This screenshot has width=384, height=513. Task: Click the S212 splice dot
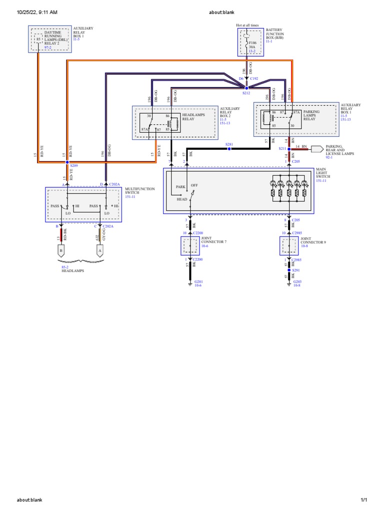pyautogui.click(x=246, y=87)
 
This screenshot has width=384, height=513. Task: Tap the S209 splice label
pyautogui.click(x=74, y=165)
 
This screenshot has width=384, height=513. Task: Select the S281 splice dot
pyautogui.click(x=229, y=149)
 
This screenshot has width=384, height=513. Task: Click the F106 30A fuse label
pyautogui.click(x=253, y=46)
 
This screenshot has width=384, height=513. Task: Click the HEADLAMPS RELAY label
pyautogui.click(x=192, y=117)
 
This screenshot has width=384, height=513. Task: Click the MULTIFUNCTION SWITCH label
pyautogui.click(x=139, y=191)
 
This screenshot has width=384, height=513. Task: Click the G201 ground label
pyautogui.click(x=199, y=282)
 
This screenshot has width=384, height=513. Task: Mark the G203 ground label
pyautogui.click(x=296, y=282)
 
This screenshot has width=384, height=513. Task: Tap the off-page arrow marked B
pyautogui.click(x=61, y=250)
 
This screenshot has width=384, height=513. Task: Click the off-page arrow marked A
pyautogui.click(x=100, y=250)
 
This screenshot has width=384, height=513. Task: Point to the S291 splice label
pyautogui.click(x=295, y=271)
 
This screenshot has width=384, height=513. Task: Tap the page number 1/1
pyautogui.click(x=363, y=500)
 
